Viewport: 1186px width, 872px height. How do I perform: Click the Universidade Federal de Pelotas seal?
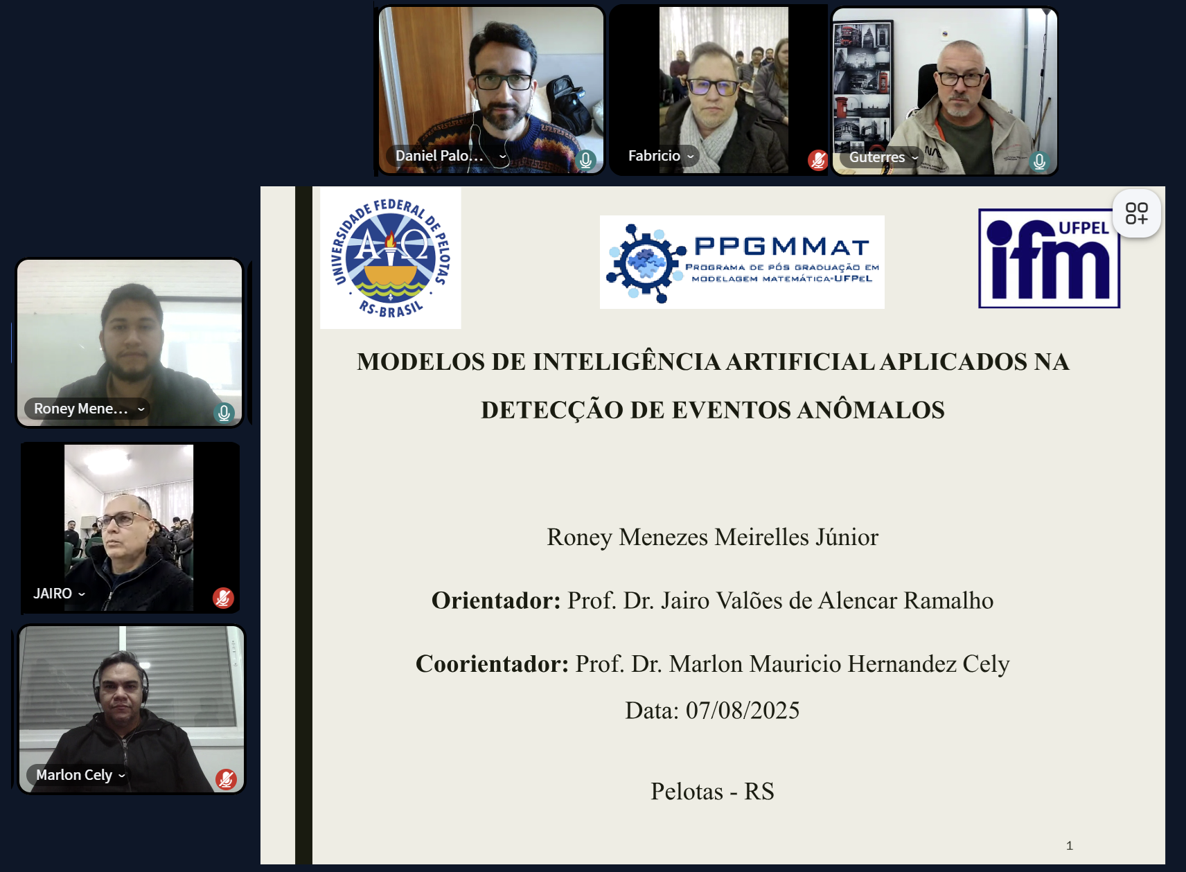(391, 258)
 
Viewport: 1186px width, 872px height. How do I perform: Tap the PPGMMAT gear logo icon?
(646, 263)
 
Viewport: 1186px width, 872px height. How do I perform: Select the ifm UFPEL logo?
(1049, 258)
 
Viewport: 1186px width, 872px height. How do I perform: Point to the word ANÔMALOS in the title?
(871, 410)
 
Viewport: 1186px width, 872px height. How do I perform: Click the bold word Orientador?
(495, 600)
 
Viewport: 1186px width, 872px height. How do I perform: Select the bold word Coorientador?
(492, 664)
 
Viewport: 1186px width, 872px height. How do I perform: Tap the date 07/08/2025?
(743, 711)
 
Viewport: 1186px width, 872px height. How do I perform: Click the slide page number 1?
(1070, 846)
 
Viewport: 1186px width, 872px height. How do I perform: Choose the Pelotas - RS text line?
(712, 792)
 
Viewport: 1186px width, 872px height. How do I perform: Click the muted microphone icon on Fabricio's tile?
(817, 159)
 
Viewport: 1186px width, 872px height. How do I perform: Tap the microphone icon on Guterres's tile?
(1039, 161)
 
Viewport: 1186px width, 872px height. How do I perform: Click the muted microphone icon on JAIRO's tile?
(223, 598)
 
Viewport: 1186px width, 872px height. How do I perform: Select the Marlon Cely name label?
(74, 775)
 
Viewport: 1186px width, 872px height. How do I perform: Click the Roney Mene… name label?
(81, 409)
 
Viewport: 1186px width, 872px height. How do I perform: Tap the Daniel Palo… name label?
(439, 156)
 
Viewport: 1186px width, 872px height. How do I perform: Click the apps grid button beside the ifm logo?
(1137, 213)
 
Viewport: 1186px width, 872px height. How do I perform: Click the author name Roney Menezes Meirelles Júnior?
(712, 537)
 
